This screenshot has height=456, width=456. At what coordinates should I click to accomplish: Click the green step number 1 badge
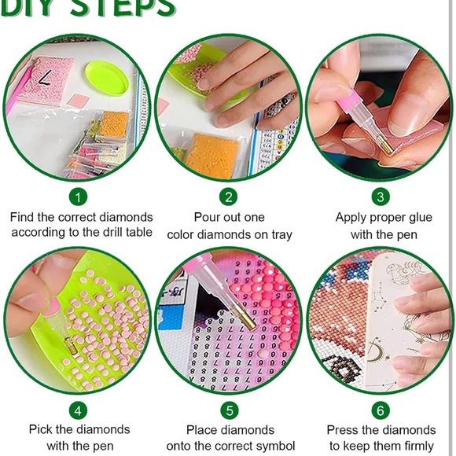tap(79, 197)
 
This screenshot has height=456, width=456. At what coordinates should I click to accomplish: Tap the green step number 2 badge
tap(229, 197)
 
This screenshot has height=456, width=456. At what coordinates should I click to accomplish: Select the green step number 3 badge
tap(381, 197)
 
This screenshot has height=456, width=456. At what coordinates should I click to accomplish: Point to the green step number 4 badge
tap(79, 410)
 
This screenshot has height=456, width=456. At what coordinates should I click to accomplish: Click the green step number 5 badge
tap(230, 410)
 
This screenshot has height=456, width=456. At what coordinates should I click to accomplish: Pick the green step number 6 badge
tap(381, 410)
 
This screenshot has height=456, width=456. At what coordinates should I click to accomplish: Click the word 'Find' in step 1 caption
tap(22, 217)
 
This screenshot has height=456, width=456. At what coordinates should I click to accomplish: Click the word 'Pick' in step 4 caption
tap(40, 429)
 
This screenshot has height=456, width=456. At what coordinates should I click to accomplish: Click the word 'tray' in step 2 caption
tap(281, 235)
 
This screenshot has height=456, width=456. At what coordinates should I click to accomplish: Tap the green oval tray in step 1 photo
tap(107, 78)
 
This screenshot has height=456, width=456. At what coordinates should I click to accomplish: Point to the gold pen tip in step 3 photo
tap(385, 145)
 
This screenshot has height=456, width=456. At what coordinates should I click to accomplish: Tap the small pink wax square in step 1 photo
tap(79, 101)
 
